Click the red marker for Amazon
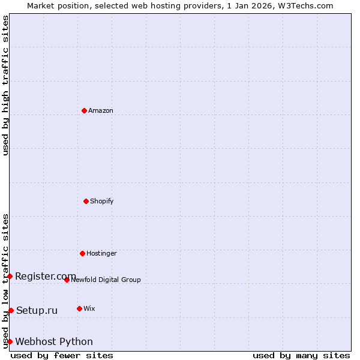pyautogui.click(x=84, y=110)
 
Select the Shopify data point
pyautogui.click(x=86, y=201)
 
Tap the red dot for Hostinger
pyautogui.click(x=82, y=253)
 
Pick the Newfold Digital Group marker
pyautogui.click(x=67, y=280)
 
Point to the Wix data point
pyautogui.click(x=79, y=308)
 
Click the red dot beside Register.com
pyautogui.click(x=10, y=276)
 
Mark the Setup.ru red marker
pyautogui.click(x=11, y=310)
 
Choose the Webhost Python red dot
pyautogui.click(x=10, y=341)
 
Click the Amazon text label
pyautogui.click(x=101, y=110)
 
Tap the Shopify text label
pyautogui.click(x=102, y=201)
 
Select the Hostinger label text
pyautogui.click(x=101, y=253)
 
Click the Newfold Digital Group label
pyautogui.click(x=106, y=280)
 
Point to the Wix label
pyautogui.click(x=89, y=308)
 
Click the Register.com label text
pyautogui.click(x=46, y=276)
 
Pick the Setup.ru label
pyautogui.click(x=37, y=310)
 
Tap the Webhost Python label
pyautogui.click(x=54, y=341)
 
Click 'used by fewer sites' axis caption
pyautogui.click(x=62, y=355)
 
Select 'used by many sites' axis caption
pyautogui.click(x=301, y=355)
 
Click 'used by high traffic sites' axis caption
pyautogui.click(x=5, y=85)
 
